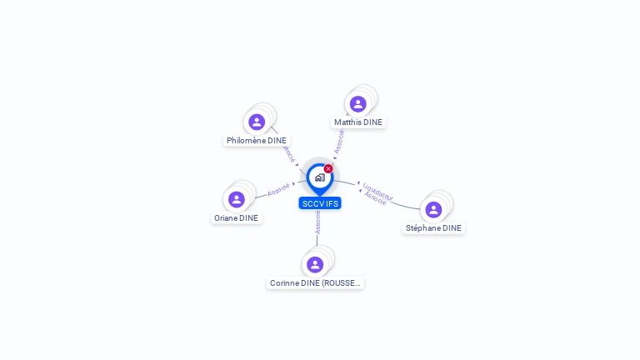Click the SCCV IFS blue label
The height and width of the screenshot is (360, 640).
click(320, 203)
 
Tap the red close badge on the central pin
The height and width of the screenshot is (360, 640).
click(328, 168)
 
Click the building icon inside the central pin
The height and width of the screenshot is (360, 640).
click(319, 177)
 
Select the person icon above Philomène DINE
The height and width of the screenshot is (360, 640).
click(257, 122)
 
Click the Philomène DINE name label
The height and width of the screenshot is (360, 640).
click(257, 141)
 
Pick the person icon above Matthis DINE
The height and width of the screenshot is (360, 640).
click(358, 104)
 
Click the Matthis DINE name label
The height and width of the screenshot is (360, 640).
click(358, 122)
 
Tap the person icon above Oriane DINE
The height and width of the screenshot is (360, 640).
click(237, 200)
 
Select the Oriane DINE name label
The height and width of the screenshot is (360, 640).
click(237, 218)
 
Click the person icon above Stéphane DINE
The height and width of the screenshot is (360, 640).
click(433, 210)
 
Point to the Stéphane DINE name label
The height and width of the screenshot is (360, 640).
click(433, 228)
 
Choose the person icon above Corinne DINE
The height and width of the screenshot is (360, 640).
click(315, 265)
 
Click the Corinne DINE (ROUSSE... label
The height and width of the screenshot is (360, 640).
click(315, 283)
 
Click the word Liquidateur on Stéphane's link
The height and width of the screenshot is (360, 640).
click(377, 191)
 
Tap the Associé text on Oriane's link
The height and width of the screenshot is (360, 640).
click(278, 189)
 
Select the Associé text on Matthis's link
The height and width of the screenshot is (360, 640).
click(339, 141)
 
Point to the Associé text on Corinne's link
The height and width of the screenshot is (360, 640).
click(317, 222)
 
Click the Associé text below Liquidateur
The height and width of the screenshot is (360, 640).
click(375, 198)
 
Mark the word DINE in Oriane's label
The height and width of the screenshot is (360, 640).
click(249, 218)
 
